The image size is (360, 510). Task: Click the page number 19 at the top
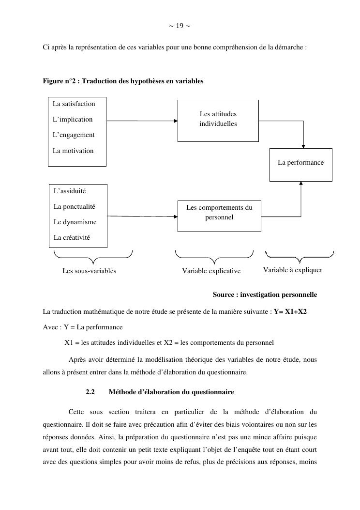click(x=180, y=26)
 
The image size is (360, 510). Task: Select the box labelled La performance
click(x=300, y=163)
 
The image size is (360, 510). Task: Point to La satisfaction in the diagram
click(x=74, y=104)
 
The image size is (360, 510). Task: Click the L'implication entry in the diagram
click(x=73, y=120)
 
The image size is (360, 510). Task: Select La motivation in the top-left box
click(x=73, y=151)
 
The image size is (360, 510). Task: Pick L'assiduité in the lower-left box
click(x=70, y=191)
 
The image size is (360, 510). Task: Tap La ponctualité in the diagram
click(x=75, y=207)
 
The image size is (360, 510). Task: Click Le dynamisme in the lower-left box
click(x=75, y=222)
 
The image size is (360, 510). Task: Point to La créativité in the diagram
click(x=72, y=238)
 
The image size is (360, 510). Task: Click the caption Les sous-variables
click(x=90, y=271)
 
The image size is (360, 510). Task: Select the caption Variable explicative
click(x=211, y=271)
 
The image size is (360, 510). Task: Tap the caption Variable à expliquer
click(x=293, y=270)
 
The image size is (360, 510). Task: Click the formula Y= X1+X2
click(x=290, y=311)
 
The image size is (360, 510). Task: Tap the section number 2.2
click(x=90, y=392)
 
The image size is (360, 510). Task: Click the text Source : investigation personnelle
click(x=265, y=295)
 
